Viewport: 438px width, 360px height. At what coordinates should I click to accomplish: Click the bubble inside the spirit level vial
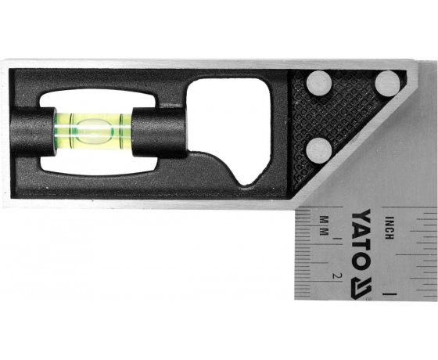pos(95,131)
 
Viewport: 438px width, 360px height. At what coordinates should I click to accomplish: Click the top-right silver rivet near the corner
pos(387,84)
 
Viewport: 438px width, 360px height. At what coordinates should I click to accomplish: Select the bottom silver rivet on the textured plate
pos(319,150)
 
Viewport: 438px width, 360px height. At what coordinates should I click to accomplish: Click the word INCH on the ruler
pos(390,228)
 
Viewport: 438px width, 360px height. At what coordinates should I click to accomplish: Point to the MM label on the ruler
pos(324,225)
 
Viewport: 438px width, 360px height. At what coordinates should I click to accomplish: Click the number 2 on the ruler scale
pos(337,275)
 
